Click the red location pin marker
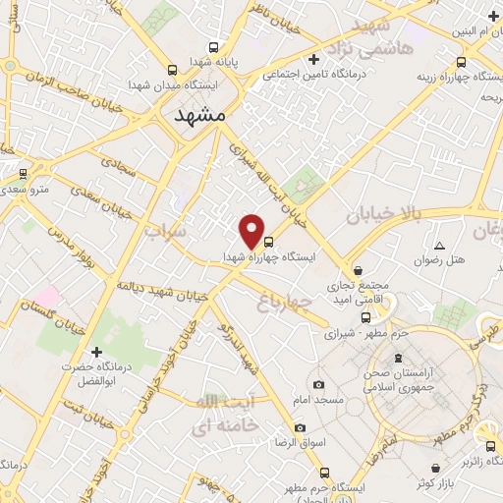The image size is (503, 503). tap(252, 230)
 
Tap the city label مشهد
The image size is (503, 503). tap(199, 115)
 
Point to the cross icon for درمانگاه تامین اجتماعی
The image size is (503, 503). tap(312, 58)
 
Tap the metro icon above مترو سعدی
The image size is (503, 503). tap(24, 173)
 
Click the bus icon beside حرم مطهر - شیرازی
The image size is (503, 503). tap(366, 317)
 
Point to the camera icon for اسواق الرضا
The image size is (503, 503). tap(300, 428)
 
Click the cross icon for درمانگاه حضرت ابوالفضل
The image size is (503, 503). tap(96, 351)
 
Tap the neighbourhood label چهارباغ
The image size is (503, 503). tap(295, 299)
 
